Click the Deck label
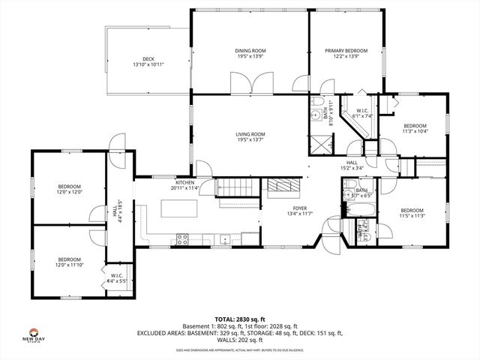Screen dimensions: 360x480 click(x=148, y=61)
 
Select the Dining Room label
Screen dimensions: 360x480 click(x=250, y=54)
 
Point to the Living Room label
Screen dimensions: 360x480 click(x=250, y=137)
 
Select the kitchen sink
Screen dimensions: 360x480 click(x=225, y=240)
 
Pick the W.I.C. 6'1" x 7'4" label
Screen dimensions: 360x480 click(x=362, y=113)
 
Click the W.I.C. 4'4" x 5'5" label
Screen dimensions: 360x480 click(x=117, y=279)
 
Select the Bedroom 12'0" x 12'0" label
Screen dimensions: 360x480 click(x=69, y=189)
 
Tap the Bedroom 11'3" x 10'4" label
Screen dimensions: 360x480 click(x=415, y=128)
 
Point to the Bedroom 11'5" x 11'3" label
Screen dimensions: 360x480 click(x=412, y=213)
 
